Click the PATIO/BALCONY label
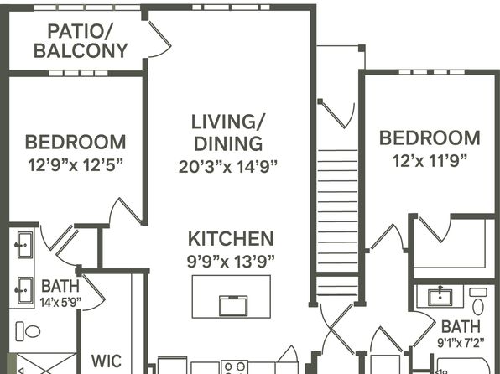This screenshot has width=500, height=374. tap(81, 41)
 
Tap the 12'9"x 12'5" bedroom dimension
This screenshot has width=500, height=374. tap(76, 165)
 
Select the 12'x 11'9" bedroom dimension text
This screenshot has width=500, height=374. tap(430, 161)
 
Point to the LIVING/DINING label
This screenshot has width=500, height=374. tap(228, 132)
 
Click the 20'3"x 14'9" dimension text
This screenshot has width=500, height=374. tap(227, 166)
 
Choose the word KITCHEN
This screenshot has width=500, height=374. tap(231, 239)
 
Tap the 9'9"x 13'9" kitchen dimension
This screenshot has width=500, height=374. tap(231, 262)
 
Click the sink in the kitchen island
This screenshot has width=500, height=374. tap(233, 305)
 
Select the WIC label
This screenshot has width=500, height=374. tap(107, 361)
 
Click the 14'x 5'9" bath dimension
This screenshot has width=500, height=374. tap(60, 302)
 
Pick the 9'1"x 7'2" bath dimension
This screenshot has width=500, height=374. tap(461, 343)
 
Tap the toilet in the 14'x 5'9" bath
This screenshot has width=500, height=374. tap(28, 331)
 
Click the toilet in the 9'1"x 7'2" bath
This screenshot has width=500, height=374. tap(478, 302)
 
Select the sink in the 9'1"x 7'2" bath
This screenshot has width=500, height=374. tap(440, 297)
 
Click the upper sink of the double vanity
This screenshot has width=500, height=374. tap(24, 245)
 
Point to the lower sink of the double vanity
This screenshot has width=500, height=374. tap(24, 290)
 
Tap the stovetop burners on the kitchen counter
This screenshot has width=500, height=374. tap(235, 367)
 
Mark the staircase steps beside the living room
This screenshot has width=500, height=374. tap(337, 223)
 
